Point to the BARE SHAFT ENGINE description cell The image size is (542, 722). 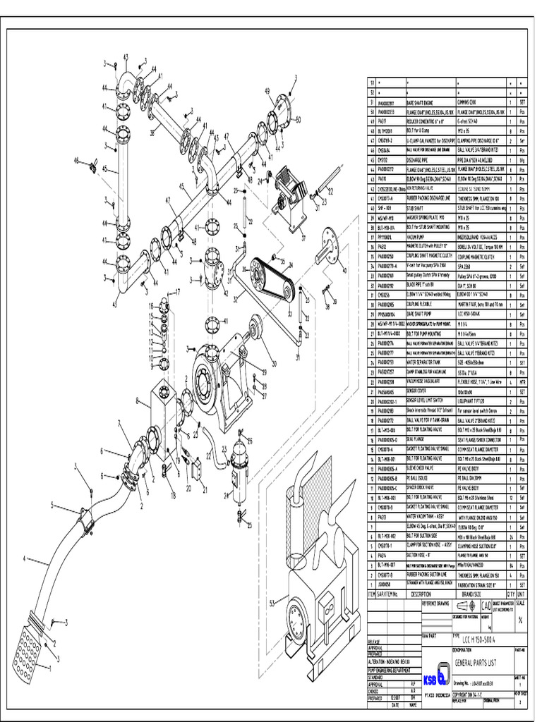coord(425,102)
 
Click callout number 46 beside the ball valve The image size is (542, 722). coord(78,161)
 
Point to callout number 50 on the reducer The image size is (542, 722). coord(297,119)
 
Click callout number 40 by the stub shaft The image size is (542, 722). coord(344,270)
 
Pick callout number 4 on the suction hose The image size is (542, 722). coord(25,559)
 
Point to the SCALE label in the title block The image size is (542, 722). coord(520,602)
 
